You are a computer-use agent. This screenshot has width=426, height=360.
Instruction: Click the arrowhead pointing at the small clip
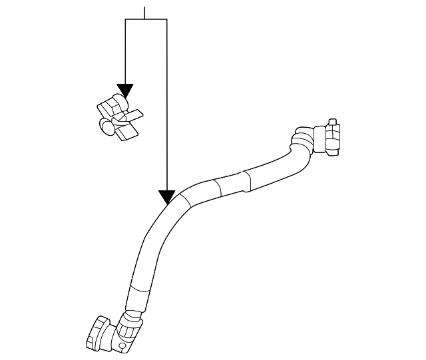pos(125,91)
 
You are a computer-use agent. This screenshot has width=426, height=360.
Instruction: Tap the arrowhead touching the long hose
pos(166,197)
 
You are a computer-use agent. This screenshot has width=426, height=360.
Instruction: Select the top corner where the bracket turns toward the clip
pos(126,20)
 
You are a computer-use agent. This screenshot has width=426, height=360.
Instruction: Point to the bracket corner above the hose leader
pos(166,20)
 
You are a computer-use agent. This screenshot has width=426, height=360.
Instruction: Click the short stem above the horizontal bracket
pos(144,10)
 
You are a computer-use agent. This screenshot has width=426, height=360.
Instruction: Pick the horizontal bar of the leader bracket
pos(146,19)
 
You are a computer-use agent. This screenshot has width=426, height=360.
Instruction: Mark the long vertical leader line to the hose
pos(166,106)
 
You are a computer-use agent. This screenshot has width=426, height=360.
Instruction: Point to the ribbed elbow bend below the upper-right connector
pos(300,141)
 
